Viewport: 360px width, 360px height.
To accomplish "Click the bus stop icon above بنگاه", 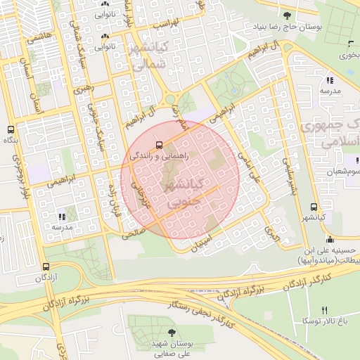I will pos(10,130).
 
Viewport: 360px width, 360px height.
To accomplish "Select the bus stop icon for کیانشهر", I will pos(313,207).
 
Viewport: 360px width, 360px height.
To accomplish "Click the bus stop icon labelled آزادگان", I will pos(46,267).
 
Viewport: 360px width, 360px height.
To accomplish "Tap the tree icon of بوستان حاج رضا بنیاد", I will pos(286,15).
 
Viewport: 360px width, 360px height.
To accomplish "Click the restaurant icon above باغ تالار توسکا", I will pos(324,310).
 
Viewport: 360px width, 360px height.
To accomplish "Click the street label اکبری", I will pos(272,229).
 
